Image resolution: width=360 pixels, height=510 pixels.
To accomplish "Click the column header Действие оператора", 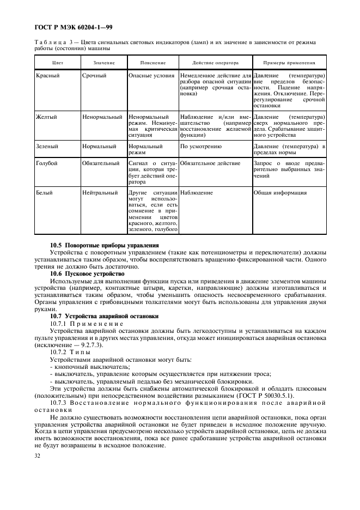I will coord(215,63).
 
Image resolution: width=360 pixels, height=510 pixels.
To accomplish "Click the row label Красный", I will coord(47,75).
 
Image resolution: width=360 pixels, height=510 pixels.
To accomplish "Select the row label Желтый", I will coord(46,117).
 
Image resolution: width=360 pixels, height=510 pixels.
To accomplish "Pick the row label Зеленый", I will coord(47,147).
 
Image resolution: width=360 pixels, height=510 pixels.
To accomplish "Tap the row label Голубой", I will coord(47,163).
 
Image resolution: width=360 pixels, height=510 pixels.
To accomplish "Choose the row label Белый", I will coord(45,193).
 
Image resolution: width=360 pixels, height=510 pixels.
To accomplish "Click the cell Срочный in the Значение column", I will coord(95,75).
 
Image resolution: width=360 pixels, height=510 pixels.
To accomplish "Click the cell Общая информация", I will coord(280,193).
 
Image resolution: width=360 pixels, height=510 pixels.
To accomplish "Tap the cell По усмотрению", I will coord(200,147).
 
